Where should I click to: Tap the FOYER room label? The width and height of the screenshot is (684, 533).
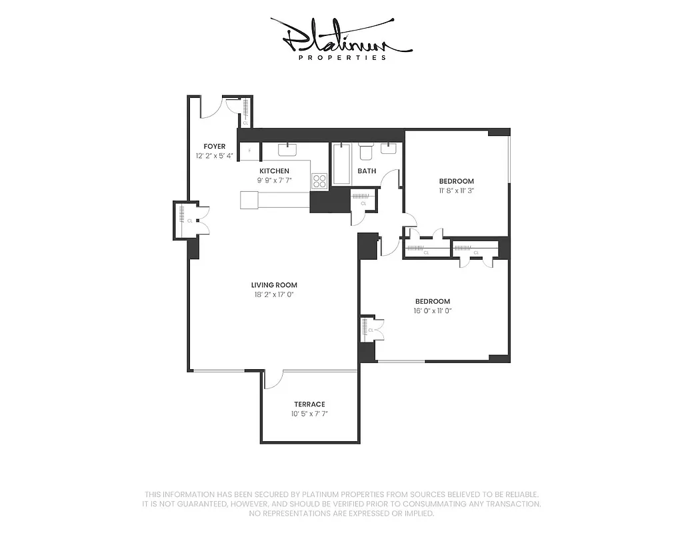point(214,146)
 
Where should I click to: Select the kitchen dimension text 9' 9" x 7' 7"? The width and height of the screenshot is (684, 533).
point(275,181)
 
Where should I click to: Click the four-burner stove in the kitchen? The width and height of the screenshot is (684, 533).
point(319,181)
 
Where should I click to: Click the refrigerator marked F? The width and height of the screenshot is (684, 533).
point(250,151)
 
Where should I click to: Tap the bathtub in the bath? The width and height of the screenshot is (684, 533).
point(341,163)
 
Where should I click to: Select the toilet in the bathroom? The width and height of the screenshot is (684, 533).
point(366,151)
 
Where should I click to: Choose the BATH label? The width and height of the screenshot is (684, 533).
point(367,171)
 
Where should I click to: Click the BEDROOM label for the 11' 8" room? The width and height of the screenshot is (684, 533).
point(456,181)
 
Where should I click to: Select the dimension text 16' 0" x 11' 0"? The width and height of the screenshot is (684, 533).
point(432,310)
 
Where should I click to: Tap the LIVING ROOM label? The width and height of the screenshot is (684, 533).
point(274,285)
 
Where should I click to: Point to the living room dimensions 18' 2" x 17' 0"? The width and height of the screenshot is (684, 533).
point(274,294)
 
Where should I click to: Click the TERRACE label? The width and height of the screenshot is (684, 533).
point(309,404)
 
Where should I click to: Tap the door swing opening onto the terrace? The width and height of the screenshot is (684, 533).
point(273,380)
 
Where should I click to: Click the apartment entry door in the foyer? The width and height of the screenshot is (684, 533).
point(212,107)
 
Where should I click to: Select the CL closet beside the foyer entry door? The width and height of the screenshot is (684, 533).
point(245,112)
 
